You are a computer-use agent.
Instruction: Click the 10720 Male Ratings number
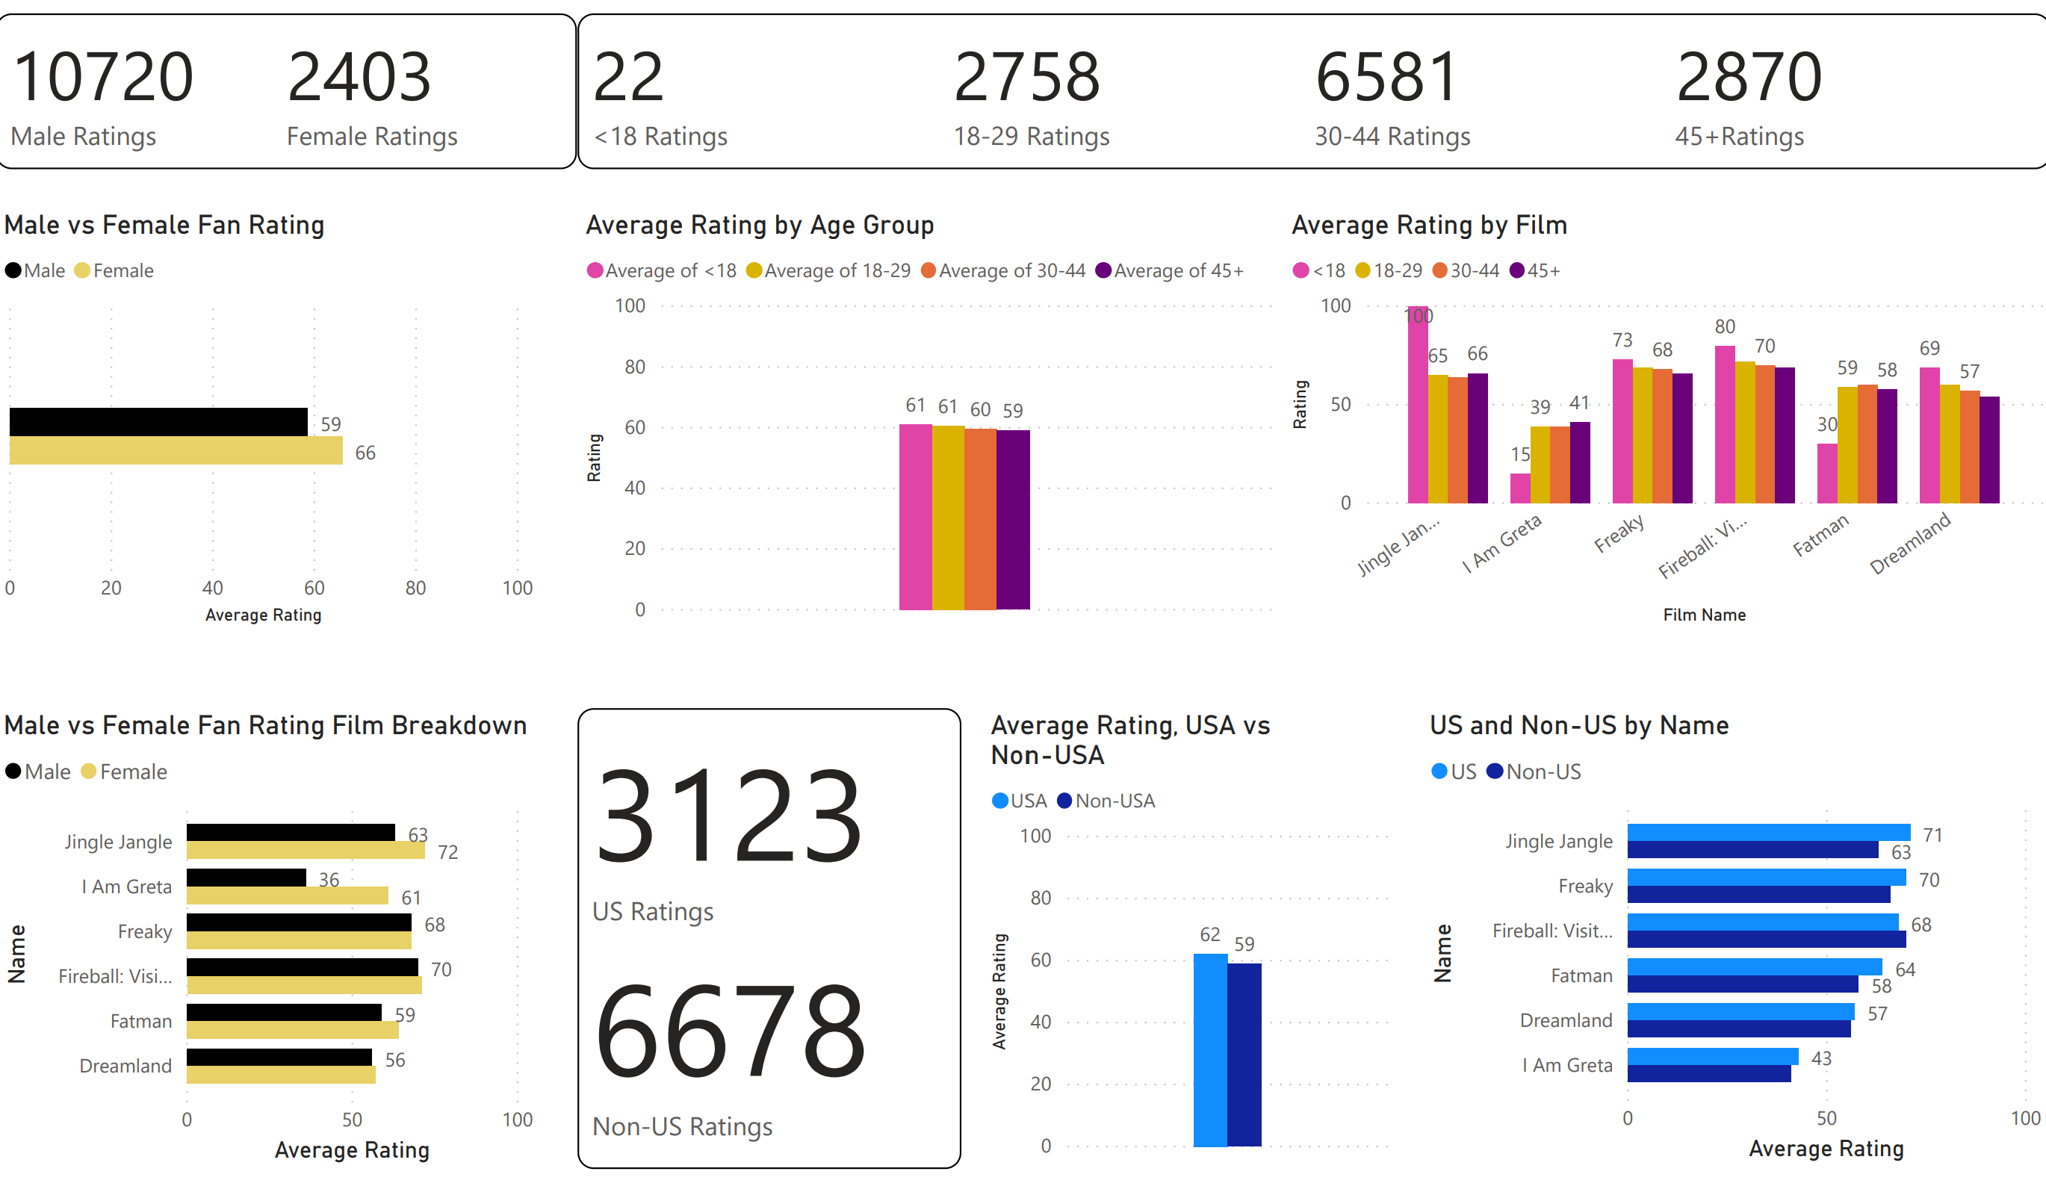click(103, 77)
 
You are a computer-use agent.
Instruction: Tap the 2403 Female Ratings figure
click(359, 77)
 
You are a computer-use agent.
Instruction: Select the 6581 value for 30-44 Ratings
click(1386, 77)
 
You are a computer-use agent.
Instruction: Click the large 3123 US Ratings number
click(728, 817)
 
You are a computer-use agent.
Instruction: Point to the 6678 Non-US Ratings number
click(730, 1032)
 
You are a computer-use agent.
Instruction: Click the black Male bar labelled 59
click(158, 421)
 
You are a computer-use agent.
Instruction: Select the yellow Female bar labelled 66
click(176, 450)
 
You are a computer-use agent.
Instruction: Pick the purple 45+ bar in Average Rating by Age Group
click(1012, 520)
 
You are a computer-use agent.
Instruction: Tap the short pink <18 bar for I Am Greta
click(1520, 488)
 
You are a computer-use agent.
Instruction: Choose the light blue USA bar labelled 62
click(1209, 1050)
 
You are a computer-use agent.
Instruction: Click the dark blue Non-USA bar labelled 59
click(1244, 1055)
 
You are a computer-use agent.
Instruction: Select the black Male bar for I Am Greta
click(246, 878)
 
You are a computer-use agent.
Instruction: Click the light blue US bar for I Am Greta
click(1712, 1056)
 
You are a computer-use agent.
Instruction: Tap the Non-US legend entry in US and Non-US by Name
click(1534, 772)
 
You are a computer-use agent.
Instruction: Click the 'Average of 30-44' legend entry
click(1003, 270)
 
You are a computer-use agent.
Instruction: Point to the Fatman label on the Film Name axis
click(1820, 535)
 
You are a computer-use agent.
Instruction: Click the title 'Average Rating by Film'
click(1429, 225)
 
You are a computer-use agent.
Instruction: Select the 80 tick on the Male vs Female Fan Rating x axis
click(415, 588)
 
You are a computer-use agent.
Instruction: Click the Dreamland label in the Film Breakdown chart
click(125, 1065)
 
